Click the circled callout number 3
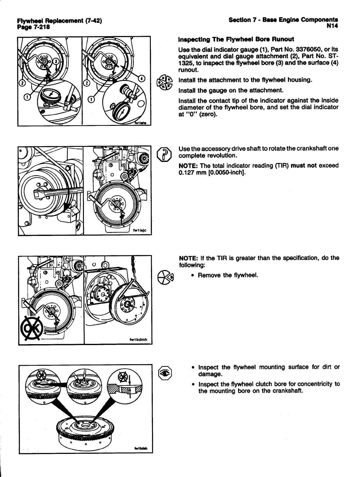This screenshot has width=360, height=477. click(56, 61)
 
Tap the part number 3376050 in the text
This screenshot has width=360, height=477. click(292, 50)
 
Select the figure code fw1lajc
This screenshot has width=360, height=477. click(140, 230)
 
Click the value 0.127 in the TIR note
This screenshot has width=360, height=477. click(186, 172)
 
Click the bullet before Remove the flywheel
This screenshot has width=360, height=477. click(193, 275)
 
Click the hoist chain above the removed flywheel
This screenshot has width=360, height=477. click(133, 268)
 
